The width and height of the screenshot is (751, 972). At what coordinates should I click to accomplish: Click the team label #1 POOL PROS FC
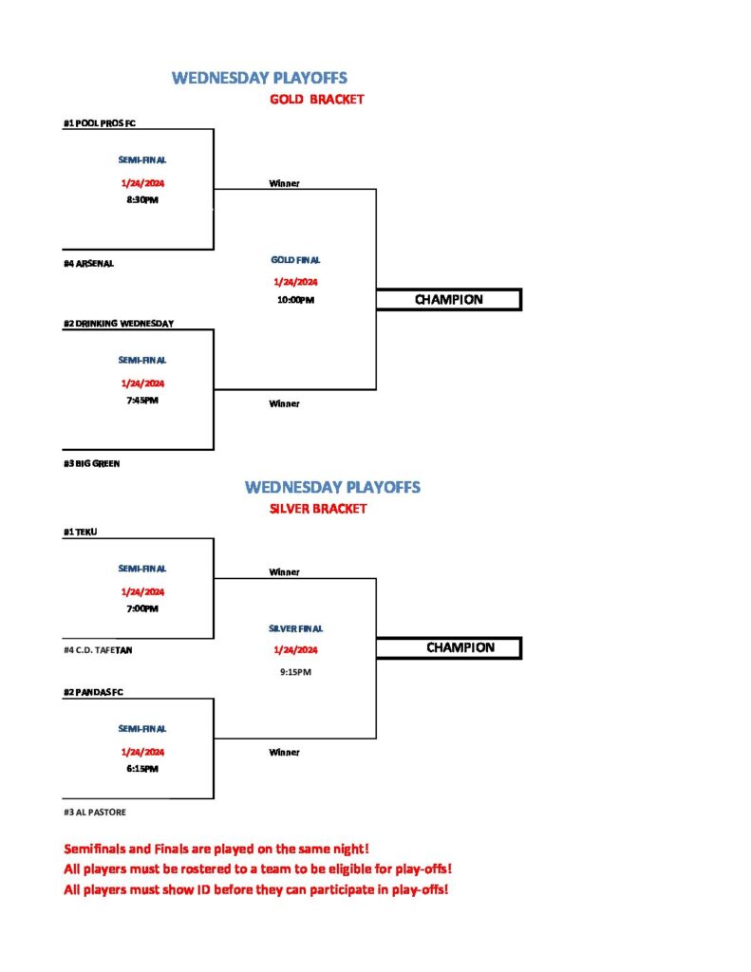coord(100,123)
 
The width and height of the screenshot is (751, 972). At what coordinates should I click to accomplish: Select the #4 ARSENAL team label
coord(88,264)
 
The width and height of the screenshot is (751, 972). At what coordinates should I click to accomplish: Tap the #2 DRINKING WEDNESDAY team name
coord(119,324)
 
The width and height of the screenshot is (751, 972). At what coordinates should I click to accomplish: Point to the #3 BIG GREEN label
coord(92,463)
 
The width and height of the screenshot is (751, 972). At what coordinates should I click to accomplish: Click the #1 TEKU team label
coord(81,532)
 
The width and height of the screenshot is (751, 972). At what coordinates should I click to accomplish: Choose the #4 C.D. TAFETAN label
coord(98,650)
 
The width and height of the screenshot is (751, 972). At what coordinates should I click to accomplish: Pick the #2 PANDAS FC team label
coord(94,692)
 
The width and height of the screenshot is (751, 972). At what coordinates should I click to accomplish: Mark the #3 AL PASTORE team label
coord(95,813)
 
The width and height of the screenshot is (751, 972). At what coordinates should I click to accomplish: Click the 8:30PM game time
coord(142,200)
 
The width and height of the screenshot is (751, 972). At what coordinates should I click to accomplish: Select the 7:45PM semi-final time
coord(142,401)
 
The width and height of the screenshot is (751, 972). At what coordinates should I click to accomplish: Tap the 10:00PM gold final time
coord(296,300)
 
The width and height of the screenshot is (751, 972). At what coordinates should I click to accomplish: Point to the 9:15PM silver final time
coord(296,672)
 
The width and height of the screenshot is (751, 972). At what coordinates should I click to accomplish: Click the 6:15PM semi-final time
coord(142,769)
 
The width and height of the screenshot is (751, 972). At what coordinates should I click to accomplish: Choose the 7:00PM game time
coord(142,608)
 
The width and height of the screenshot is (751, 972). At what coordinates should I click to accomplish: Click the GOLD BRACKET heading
coord(317,99)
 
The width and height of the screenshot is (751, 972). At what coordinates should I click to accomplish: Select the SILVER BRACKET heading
coord(318,509)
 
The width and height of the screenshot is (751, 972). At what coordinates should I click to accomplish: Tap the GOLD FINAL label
coord(296,260)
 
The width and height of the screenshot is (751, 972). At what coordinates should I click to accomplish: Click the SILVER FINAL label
coord(296,628)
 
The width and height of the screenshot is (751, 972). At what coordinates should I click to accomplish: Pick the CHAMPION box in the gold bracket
coord(449,300)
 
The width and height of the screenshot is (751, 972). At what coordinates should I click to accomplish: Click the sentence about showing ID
coord(256,890)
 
